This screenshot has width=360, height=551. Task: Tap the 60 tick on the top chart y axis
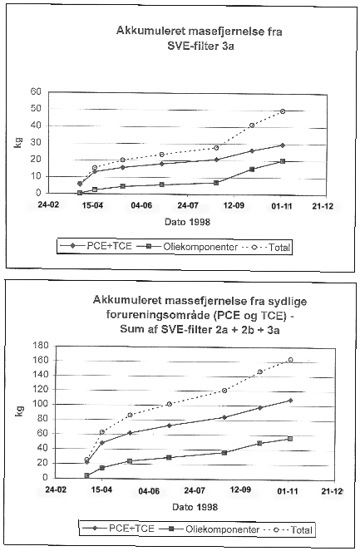point(36,91)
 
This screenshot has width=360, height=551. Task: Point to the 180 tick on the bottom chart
point(41,346)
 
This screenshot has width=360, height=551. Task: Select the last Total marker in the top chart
point(283,111)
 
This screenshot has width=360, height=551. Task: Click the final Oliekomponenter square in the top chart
point(283,161)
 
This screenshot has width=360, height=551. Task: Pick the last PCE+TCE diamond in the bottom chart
point(290,401)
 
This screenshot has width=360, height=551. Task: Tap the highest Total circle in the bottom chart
point(290,360)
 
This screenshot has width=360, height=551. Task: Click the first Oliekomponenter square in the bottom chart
point(86,475)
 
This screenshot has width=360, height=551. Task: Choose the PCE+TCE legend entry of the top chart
point(96,246)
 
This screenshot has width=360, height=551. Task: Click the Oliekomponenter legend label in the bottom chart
point(222,529)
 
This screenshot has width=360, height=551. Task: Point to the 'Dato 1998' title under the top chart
point(187,222)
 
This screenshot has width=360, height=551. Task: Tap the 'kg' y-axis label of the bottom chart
point(20,411)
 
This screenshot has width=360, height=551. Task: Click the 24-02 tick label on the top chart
point(48,204)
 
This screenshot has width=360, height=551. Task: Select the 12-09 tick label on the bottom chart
point(240,490)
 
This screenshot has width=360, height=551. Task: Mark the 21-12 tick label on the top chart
point(323,206)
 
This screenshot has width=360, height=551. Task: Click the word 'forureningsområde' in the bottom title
point(157,315)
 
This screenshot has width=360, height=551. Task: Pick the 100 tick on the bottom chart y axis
point(41,404)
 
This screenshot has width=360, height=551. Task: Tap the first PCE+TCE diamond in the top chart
point(80,184)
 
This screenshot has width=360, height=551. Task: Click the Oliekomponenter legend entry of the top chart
point(187,247)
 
